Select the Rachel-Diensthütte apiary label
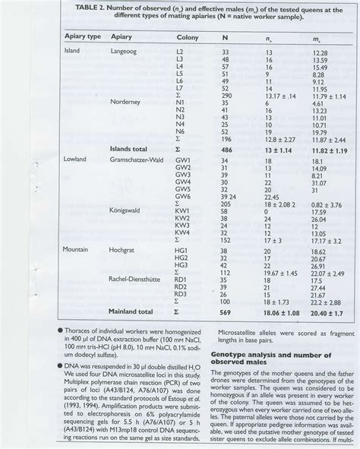[x=144, y=277]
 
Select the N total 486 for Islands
[x=226, y=150]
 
